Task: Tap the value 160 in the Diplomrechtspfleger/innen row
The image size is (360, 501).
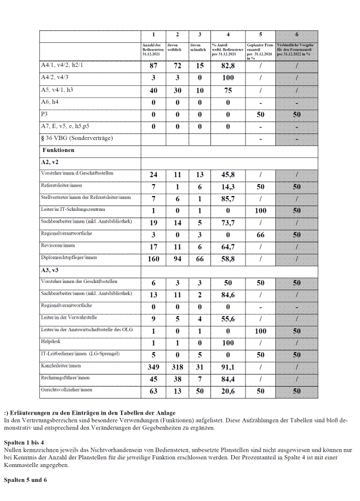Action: click(x=153, y=259)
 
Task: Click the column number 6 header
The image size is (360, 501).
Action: click(x=297, y=35)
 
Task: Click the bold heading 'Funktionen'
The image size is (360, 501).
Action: click(x=58, y=150)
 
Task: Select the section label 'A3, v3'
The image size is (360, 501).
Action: click(x=50, y=270)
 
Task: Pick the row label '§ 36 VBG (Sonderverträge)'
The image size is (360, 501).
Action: click(x=77, y=138)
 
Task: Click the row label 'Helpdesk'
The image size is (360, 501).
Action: click(x=49, y=342)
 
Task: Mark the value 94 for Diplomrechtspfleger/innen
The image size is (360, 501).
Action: click(x=178, y=259)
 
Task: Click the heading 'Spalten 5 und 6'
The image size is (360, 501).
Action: click(x=25, y=480)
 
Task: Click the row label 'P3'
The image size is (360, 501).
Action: click(x=44, y=113)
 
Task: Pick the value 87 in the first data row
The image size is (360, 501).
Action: click(x=153, y=66)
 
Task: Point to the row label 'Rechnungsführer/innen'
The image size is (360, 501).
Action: click(x=65, y=378)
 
